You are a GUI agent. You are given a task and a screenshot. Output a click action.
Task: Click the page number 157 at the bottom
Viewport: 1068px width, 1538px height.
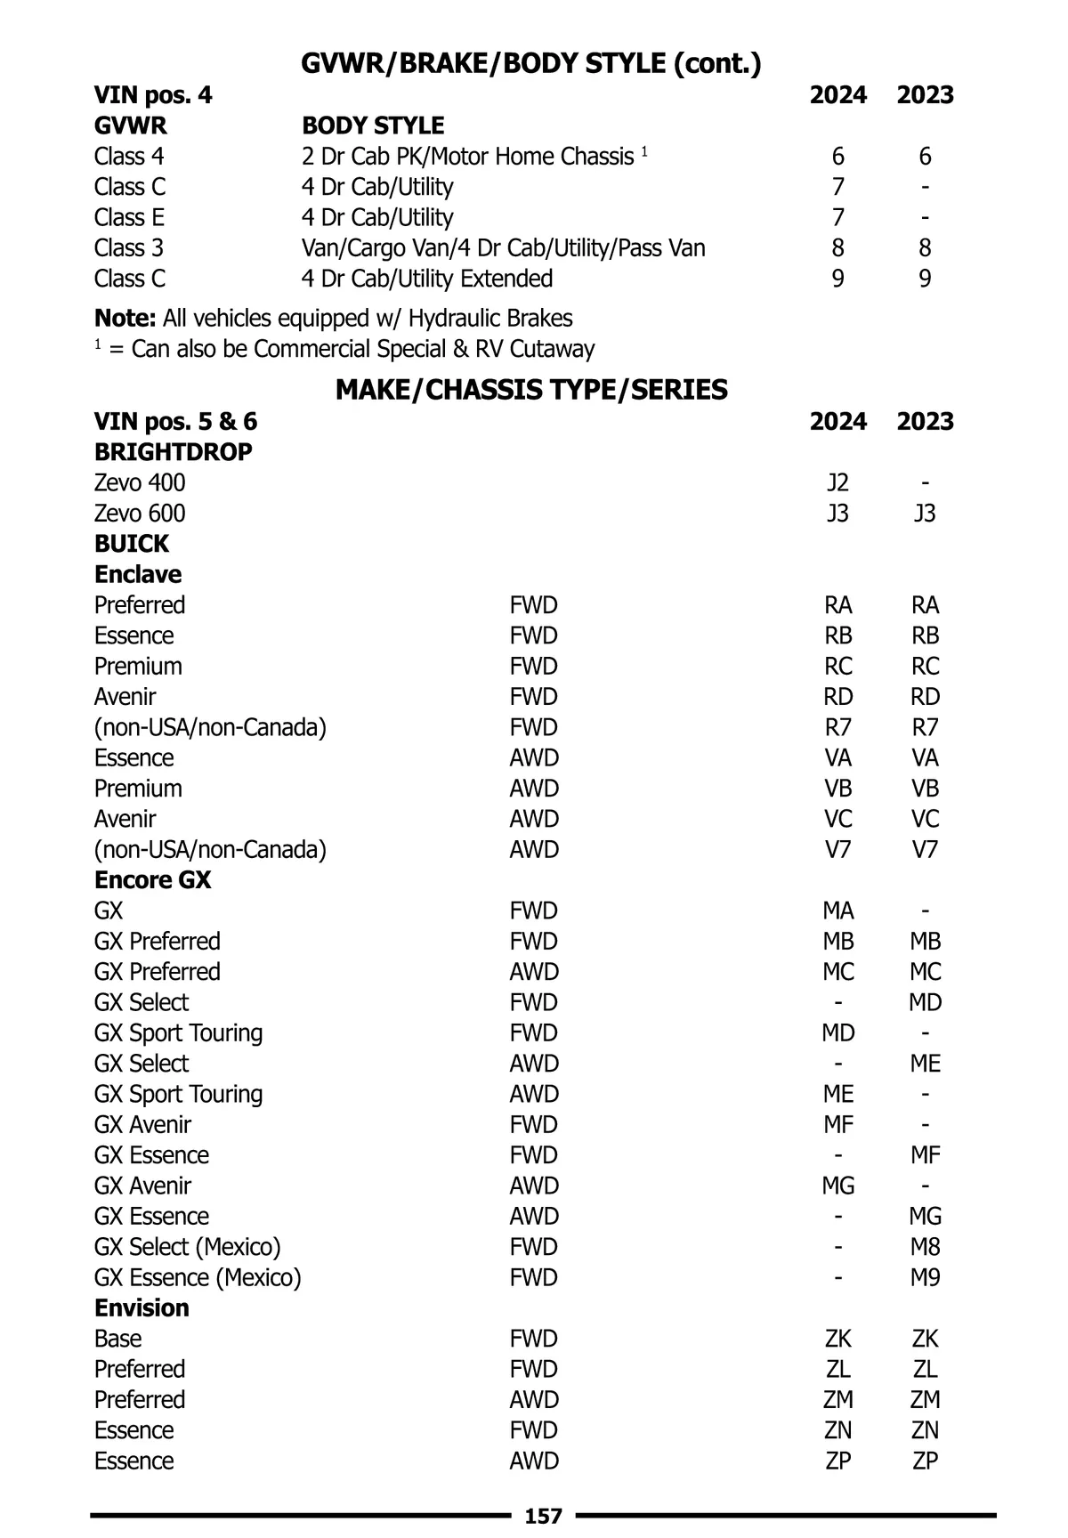point(543,1516)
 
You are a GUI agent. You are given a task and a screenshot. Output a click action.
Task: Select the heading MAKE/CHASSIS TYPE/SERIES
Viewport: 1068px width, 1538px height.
point(531,390)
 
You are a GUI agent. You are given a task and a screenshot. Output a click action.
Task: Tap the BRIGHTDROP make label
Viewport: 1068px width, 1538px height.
point(173,452)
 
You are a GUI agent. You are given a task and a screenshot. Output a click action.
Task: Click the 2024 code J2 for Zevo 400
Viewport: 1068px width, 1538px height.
point(837,482)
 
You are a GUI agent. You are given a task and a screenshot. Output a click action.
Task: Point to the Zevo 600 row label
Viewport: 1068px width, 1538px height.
point(140,514)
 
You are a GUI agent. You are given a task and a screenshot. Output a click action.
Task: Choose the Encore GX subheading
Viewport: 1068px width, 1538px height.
point(152,880)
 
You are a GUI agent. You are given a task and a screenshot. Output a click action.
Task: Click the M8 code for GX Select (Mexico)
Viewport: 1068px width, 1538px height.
point(925,1247)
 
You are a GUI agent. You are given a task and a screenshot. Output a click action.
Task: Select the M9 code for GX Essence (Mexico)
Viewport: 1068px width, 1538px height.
point(925,1277)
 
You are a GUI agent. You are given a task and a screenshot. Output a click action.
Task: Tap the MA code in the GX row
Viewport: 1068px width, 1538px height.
point(837,911)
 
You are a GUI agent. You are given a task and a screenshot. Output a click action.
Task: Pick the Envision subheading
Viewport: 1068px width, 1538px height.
point(142,1308)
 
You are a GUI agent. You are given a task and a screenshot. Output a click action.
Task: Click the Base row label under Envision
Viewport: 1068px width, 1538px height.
point(117,1339)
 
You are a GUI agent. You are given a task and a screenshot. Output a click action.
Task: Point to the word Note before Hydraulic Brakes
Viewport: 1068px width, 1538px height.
point(125,319)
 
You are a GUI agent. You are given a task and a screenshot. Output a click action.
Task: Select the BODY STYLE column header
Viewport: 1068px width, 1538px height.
point(373,125)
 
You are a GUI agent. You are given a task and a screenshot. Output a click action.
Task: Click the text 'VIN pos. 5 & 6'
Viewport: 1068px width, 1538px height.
point(175,421)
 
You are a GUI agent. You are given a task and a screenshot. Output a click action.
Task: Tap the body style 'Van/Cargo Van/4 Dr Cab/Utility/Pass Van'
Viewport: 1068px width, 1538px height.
point(503,247)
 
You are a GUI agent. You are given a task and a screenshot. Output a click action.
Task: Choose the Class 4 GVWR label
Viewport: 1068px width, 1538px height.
point(129,157)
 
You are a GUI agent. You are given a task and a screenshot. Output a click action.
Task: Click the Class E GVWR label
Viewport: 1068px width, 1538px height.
point(129,217)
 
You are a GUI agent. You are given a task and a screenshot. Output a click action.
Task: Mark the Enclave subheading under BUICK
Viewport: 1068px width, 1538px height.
point(138,574)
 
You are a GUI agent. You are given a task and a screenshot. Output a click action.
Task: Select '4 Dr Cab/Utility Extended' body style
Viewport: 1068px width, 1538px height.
point(426,279)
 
